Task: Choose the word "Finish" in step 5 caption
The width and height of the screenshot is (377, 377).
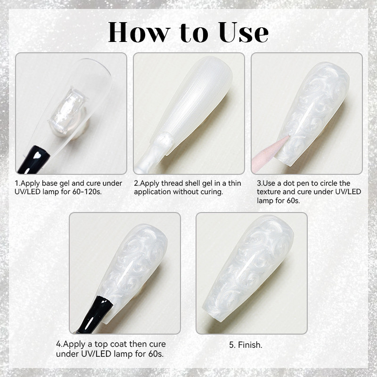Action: tap(252, 344)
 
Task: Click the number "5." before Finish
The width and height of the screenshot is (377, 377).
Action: tap(232, 344)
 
